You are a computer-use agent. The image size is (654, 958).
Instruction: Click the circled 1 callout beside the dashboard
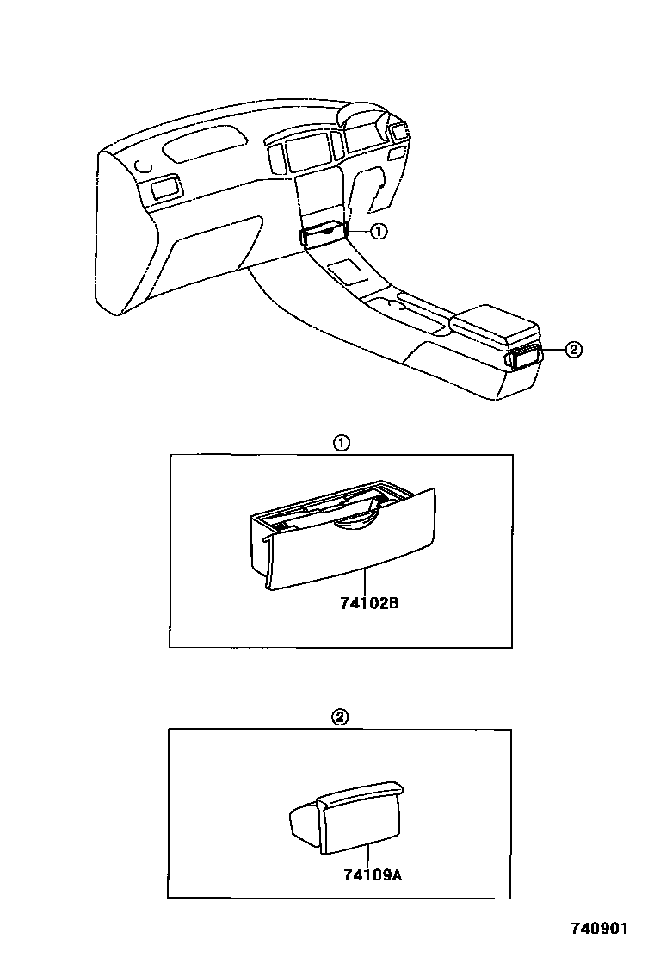379,231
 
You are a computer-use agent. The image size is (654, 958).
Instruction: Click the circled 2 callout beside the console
574,349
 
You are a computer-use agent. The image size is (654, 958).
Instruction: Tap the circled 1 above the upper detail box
341,444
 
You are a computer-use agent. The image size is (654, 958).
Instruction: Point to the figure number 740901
600,929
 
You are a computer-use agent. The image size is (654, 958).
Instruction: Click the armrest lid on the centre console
495,322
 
